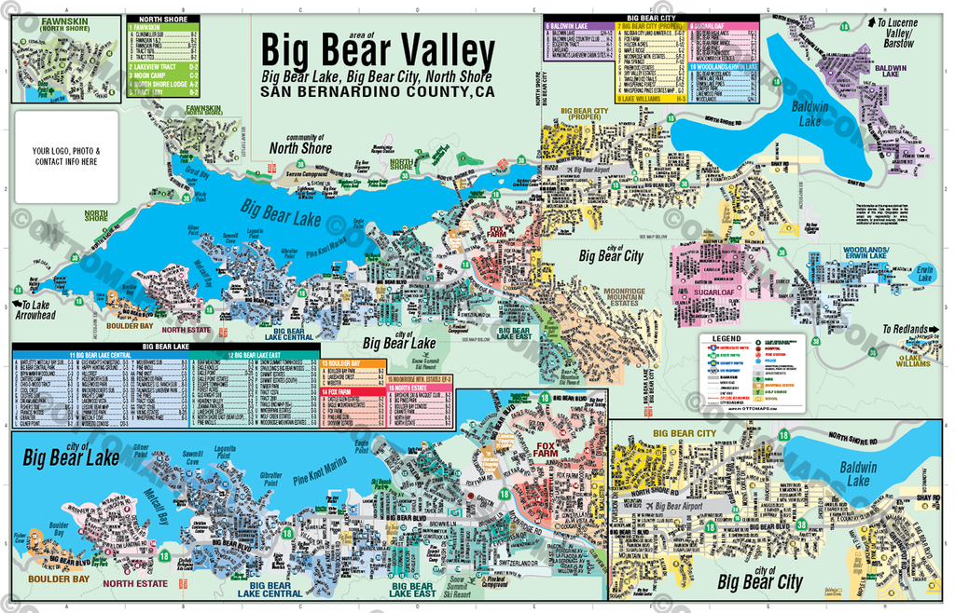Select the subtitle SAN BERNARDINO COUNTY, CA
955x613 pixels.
coord(378,91)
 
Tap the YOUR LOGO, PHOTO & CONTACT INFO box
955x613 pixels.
coord(65,156)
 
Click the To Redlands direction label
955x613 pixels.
coord(906,330)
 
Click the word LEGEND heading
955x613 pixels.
coord(726,338)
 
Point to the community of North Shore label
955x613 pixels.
coord(300,143)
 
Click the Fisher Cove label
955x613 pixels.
coord(21,538)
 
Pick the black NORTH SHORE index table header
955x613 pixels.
coord(162,19)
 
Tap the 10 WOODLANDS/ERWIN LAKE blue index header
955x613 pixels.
coord(723,67)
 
